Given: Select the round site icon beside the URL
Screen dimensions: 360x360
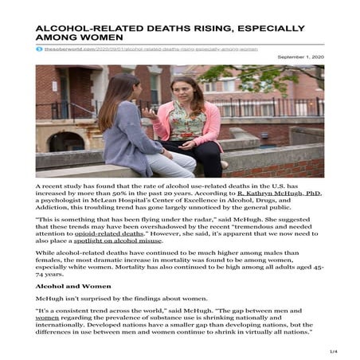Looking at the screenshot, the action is [x=39, y=50].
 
